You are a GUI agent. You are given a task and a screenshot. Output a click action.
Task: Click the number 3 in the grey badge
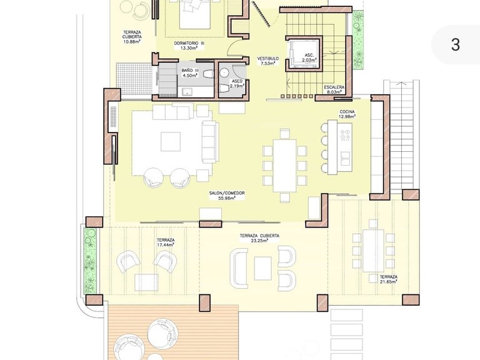456,45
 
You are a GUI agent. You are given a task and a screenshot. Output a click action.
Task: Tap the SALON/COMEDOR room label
227,196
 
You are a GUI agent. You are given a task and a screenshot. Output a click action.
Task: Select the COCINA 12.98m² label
347,114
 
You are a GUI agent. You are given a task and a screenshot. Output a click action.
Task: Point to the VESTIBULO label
268,61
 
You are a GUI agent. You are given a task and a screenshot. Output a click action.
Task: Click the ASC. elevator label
309,57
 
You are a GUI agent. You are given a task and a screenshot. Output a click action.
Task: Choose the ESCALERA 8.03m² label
334,89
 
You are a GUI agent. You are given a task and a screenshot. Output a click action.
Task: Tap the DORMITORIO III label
189,46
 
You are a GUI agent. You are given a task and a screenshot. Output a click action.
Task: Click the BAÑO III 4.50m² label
190,73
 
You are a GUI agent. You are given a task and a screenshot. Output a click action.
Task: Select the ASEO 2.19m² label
237,84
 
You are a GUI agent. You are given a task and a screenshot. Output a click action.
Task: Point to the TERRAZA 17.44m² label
166,242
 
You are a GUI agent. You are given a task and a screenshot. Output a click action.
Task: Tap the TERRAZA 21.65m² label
389,279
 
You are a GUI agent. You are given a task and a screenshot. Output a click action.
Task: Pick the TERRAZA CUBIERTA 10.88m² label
132,37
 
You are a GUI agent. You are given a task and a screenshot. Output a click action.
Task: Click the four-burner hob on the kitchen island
346,135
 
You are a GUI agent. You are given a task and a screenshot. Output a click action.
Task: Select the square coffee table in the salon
171,141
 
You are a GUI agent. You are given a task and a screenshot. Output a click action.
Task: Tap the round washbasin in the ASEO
224,72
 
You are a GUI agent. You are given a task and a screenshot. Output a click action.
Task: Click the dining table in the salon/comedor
285,165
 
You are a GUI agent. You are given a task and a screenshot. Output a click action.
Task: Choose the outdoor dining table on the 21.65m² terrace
373,251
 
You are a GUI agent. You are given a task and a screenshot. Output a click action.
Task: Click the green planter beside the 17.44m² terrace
90,260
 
